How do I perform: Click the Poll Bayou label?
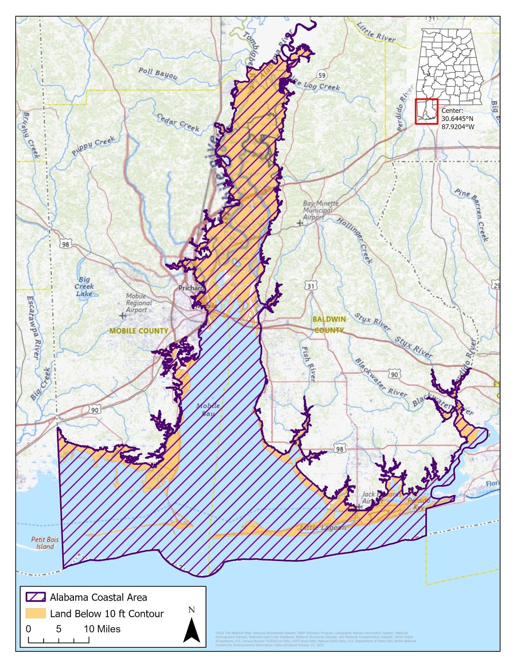[158, 73]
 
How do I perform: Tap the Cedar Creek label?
[178, 122]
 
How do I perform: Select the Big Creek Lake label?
[84, 286]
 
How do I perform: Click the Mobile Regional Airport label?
[138, 303]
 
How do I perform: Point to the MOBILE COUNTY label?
[139, 331]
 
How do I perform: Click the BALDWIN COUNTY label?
[329, 325]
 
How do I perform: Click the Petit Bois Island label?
[45, 543]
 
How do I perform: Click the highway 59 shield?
[322, 75]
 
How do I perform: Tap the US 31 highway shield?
[310, 286]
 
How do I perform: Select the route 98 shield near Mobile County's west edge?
[65, 244]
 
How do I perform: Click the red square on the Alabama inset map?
[427, 111]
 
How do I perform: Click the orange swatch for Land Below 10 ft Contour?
[36, 614]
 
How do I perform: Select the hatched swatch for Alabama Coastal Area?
[36, 597]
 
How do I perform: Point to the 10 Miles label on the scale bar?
[102, 629]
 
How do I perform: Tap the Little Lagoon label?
[323, 528]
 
